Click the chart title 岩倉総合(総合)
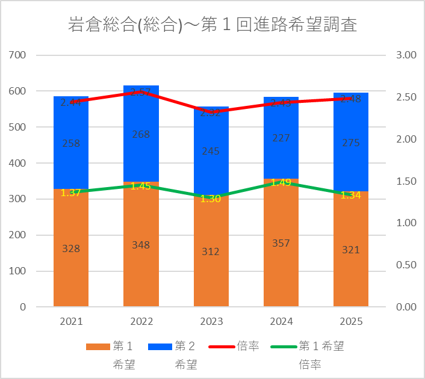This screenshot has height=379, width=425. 212,25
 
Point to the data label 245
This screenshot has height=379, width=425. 211,152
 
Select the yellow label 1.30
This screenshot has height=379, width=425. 211,199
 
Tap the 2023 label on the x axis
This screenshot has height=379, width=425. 211,322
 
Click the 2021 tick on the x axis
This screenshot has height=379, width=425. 71,322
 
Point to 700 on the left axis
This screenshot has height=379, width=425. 19,55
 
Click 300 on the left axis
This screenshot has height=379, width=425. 19,199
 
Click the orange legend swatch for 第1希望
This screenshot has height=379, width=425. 98,347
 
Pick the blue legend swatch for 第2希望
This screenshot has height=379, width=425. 160,347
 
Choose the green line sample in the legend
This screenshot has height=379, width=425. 284,347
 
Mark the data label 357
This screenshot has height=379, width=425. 281,243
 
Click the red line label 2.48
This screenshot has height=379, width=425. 350,99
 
